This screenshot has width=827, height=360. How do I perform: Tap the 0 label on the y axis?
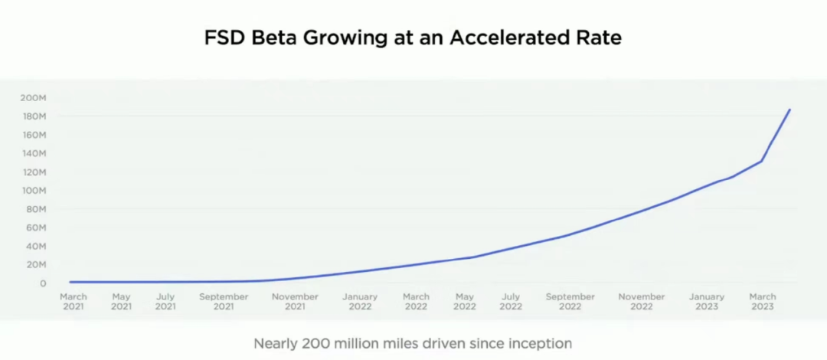pos(44,283)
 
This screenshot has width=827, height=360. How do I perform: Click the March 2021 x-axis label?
pos(74,301)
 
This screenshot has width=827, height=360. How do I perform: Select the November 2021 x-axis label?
pos(296,301)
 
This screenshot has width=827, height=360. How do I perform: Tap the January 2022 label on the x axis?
pos(360,301)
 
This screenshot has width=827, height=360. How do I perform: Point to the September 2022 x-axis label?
pos(570,301)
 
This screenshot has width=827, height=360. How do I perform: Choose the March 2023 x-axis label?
pos(763,301)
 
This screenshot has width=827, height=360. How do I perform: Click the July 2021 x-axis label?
pos(165,301)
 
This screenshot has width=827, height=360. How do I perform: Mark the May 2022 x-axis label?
pos(465,301)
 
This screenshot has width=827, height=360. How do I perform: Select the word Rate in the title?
pos(602,37)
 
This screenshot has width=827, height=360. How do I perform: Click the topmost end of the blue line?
pos(789,110)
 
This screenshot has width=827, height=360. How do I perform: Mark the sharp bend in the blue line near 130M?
pos(761,161)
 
